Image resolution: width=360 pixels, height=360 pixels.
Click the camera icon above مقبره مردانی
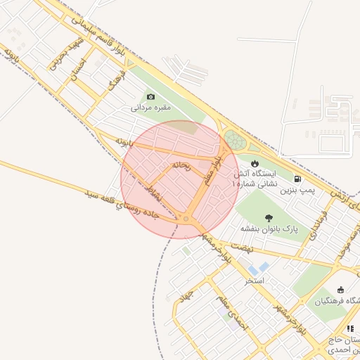click(150, 97)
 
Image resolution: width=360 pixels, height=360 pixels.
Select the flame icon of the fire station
click(255, 163)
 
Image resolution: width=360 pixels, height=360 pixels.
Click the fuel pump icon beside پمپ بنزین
click(298, 179)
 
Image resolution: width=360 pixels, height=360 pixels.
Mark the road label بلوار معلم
click(214, 171)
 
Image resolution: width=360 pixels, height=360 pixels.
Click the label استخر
click(254, 281)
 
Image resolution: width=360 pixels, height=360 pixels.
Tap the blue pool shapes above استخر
click(259, 268)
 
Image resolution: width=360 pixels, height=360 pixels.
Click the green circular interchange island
click(236, 139)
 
